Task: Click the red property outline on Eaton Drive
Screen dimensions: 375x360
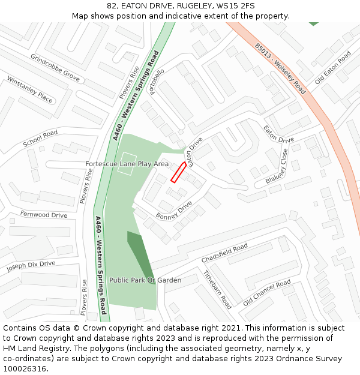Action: tap(178, 172)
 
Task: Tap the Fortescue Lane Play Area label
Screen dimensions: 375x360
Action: tap(127, 164)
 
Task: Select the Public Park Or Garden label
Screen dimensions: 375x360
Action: tap(145, 280)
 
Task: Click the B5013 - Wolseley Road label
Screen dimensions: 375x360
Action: tap(280, 68)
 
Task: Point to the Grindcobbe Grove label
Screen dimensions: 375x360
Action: tap(55, 68)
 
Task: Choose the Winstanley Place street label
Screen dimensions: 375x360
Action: tap(29, 89)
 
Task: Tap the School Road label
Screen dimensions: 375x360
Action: tap(40, 139)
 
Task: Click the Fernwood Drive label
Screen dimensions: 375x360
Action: tap(44, 215)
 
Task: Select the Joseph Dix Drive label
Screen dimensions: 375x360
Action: tap(31, 266)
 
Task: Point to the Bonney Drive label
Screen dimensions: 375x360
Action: tap(174, 209)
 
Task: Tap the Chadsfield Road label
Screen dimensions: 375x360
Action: tap(224, 253)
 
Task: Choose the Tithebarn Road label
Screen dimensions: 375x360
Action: tap(217, 289)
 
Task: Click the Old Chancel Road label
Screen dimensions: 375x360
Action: tap(266, 292)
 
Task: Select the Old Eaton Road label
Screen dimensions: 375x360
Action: tap(332, 67)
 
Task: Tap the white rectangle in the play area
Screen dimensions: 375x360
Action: tap(125, 167)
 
